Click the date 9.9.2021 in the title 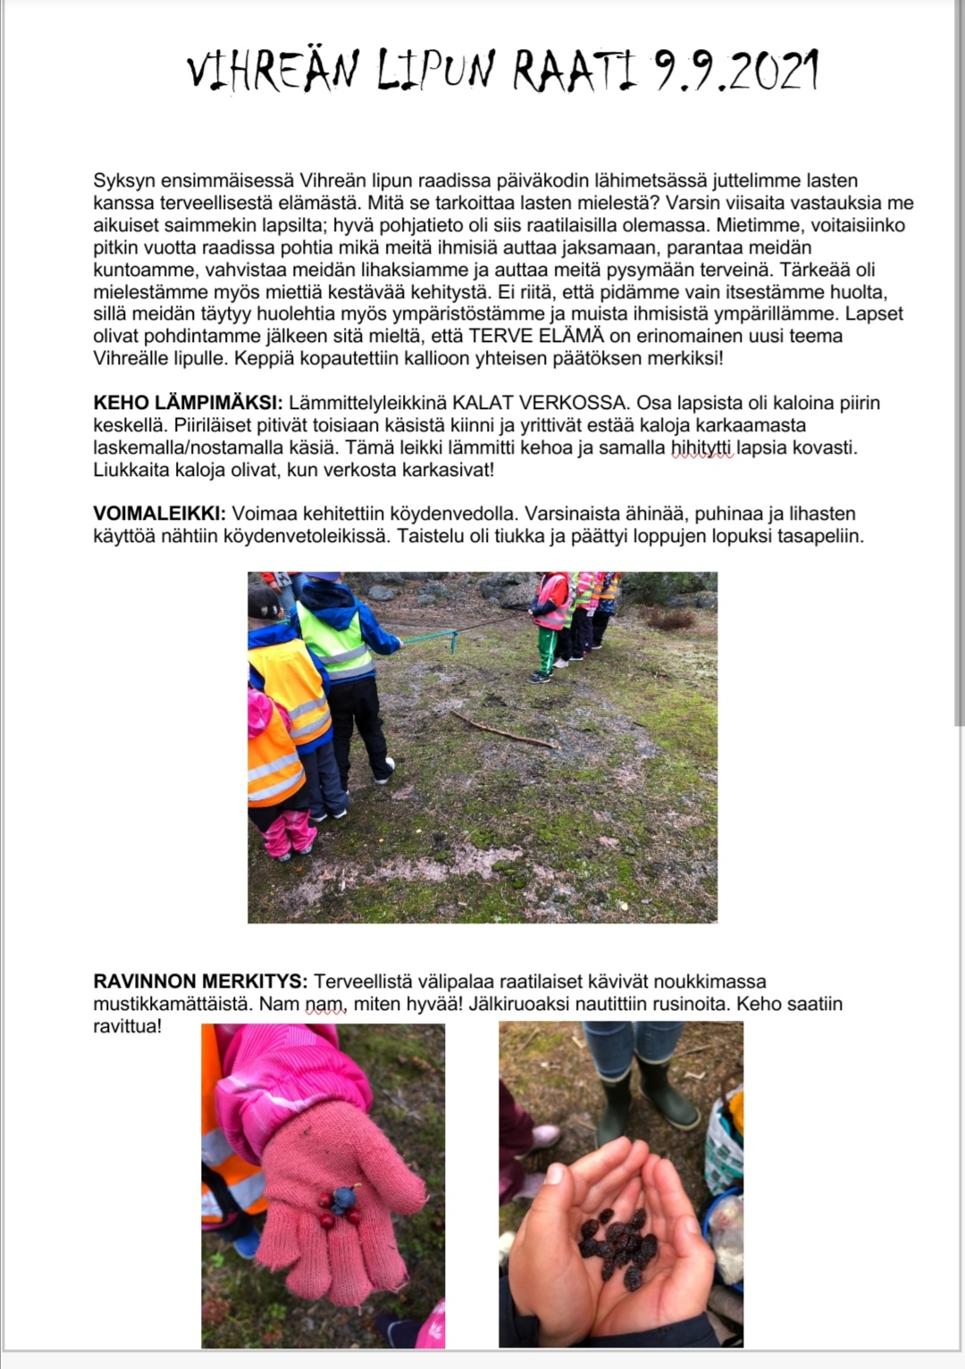point(736,71)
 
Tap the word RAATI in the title point(575,71)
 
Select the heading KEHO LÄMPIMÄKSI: point(188,403)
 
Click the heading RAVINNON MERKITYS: point(200,981)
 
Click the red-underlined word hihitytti point(702,447)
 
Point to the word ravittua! point(128,1026)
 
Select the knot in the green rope point(454,639)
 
